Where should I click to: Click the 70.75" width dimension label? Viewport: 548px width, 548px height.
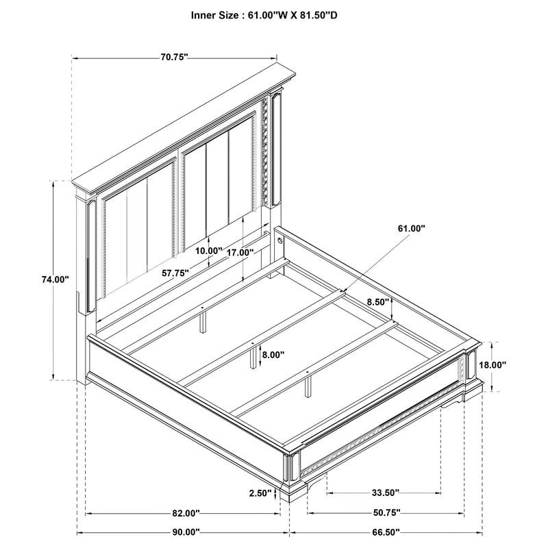click(x=174, y=58)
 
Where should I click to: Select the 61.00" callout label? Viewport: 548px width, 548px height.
click(x=410, y=228)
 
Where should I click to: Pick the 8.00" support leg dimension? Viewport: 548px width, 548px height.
click(x=273, y=355)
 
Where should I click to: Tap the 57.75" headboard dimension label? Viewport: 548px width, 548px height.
click(x=175, y=272)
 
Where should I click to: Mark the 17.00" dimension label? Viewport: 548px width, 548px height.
click(x=240, y=252)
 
